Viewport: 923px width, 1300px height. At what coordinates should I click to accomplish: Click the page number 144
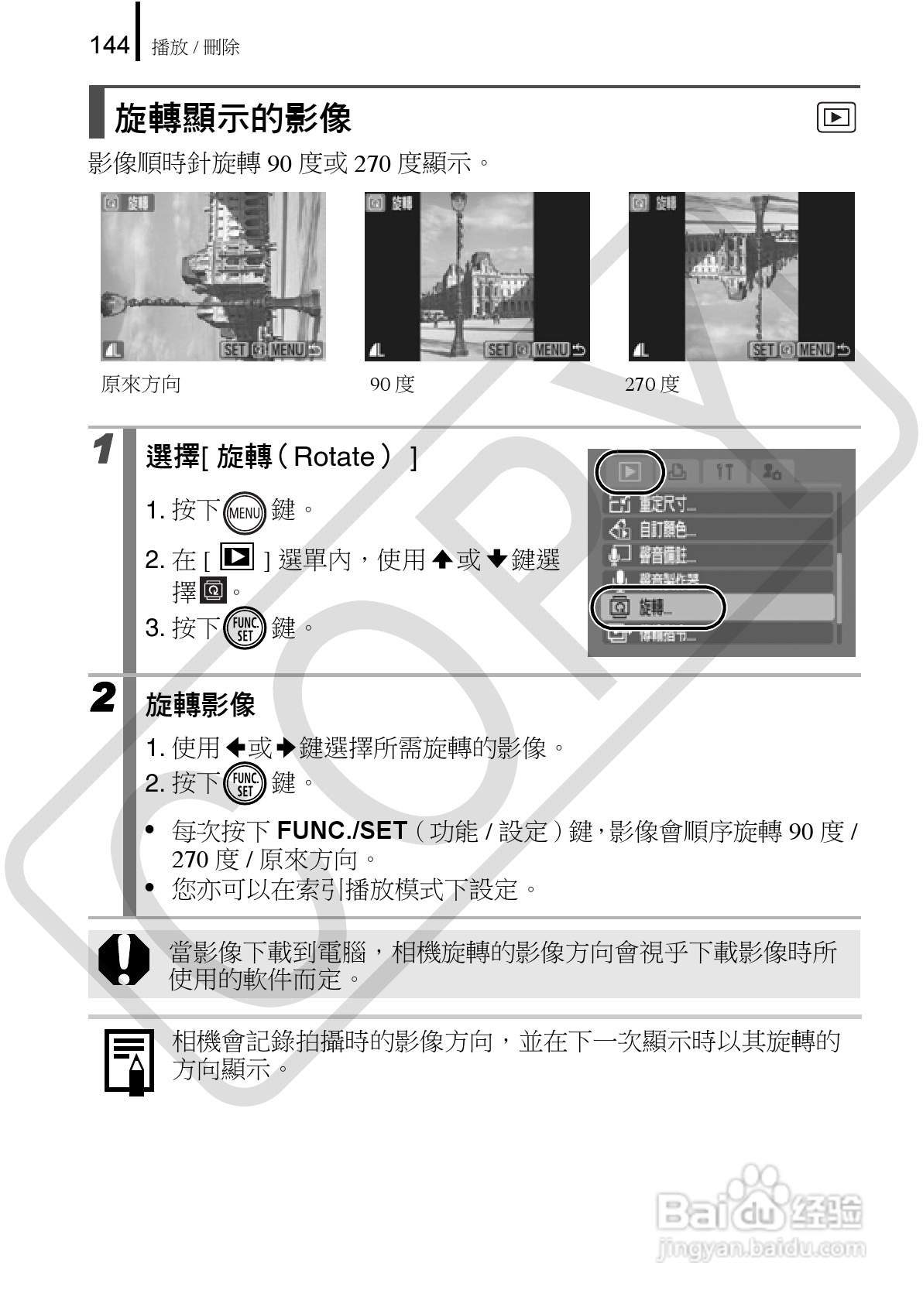(109, 46)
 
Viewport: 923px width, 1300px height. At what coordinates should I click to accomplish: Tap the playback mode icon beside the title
(836, 118)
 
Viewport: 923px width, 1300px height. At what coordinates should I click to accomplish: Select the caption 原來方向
(141, 385)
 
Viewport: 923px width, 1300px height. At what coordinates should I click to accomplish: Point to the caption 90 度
(392, 385)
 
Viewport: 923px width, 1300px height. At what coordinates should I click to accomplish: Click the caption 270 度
(652, 385)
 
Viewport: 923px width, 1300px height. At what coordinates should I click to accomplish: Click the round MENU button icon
(245, 511)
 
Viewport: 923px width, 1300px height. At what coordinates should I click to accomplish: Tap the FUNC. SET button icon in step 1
(245, 628)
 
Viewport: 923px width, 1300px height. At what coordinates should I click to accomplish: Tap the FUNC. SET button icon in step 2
(245, 783)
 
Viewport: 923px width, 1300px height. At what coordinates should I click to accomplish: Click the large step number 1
(103, 450)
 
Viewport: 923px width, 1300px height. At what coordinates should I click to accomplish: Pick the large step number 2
(103, 698)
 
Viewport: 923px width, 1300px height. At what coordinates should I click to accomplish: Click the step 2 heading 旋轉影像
(201, 706)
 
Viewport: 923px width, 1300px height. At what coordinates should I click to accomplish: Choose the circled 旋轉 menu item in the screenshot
(657, 607)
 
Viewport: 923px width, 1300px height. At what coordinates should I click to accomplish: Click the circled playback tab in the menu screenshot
(630, 471)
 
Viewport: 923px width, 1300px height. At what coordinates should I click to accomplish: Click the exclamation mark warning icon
(124, 959)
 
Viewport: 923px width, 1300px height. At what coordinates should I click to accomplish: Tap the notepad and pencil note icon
(129, 1061)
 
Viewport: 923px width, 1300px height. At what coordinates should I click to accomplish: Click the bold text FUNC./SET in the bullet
(341, 831)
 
